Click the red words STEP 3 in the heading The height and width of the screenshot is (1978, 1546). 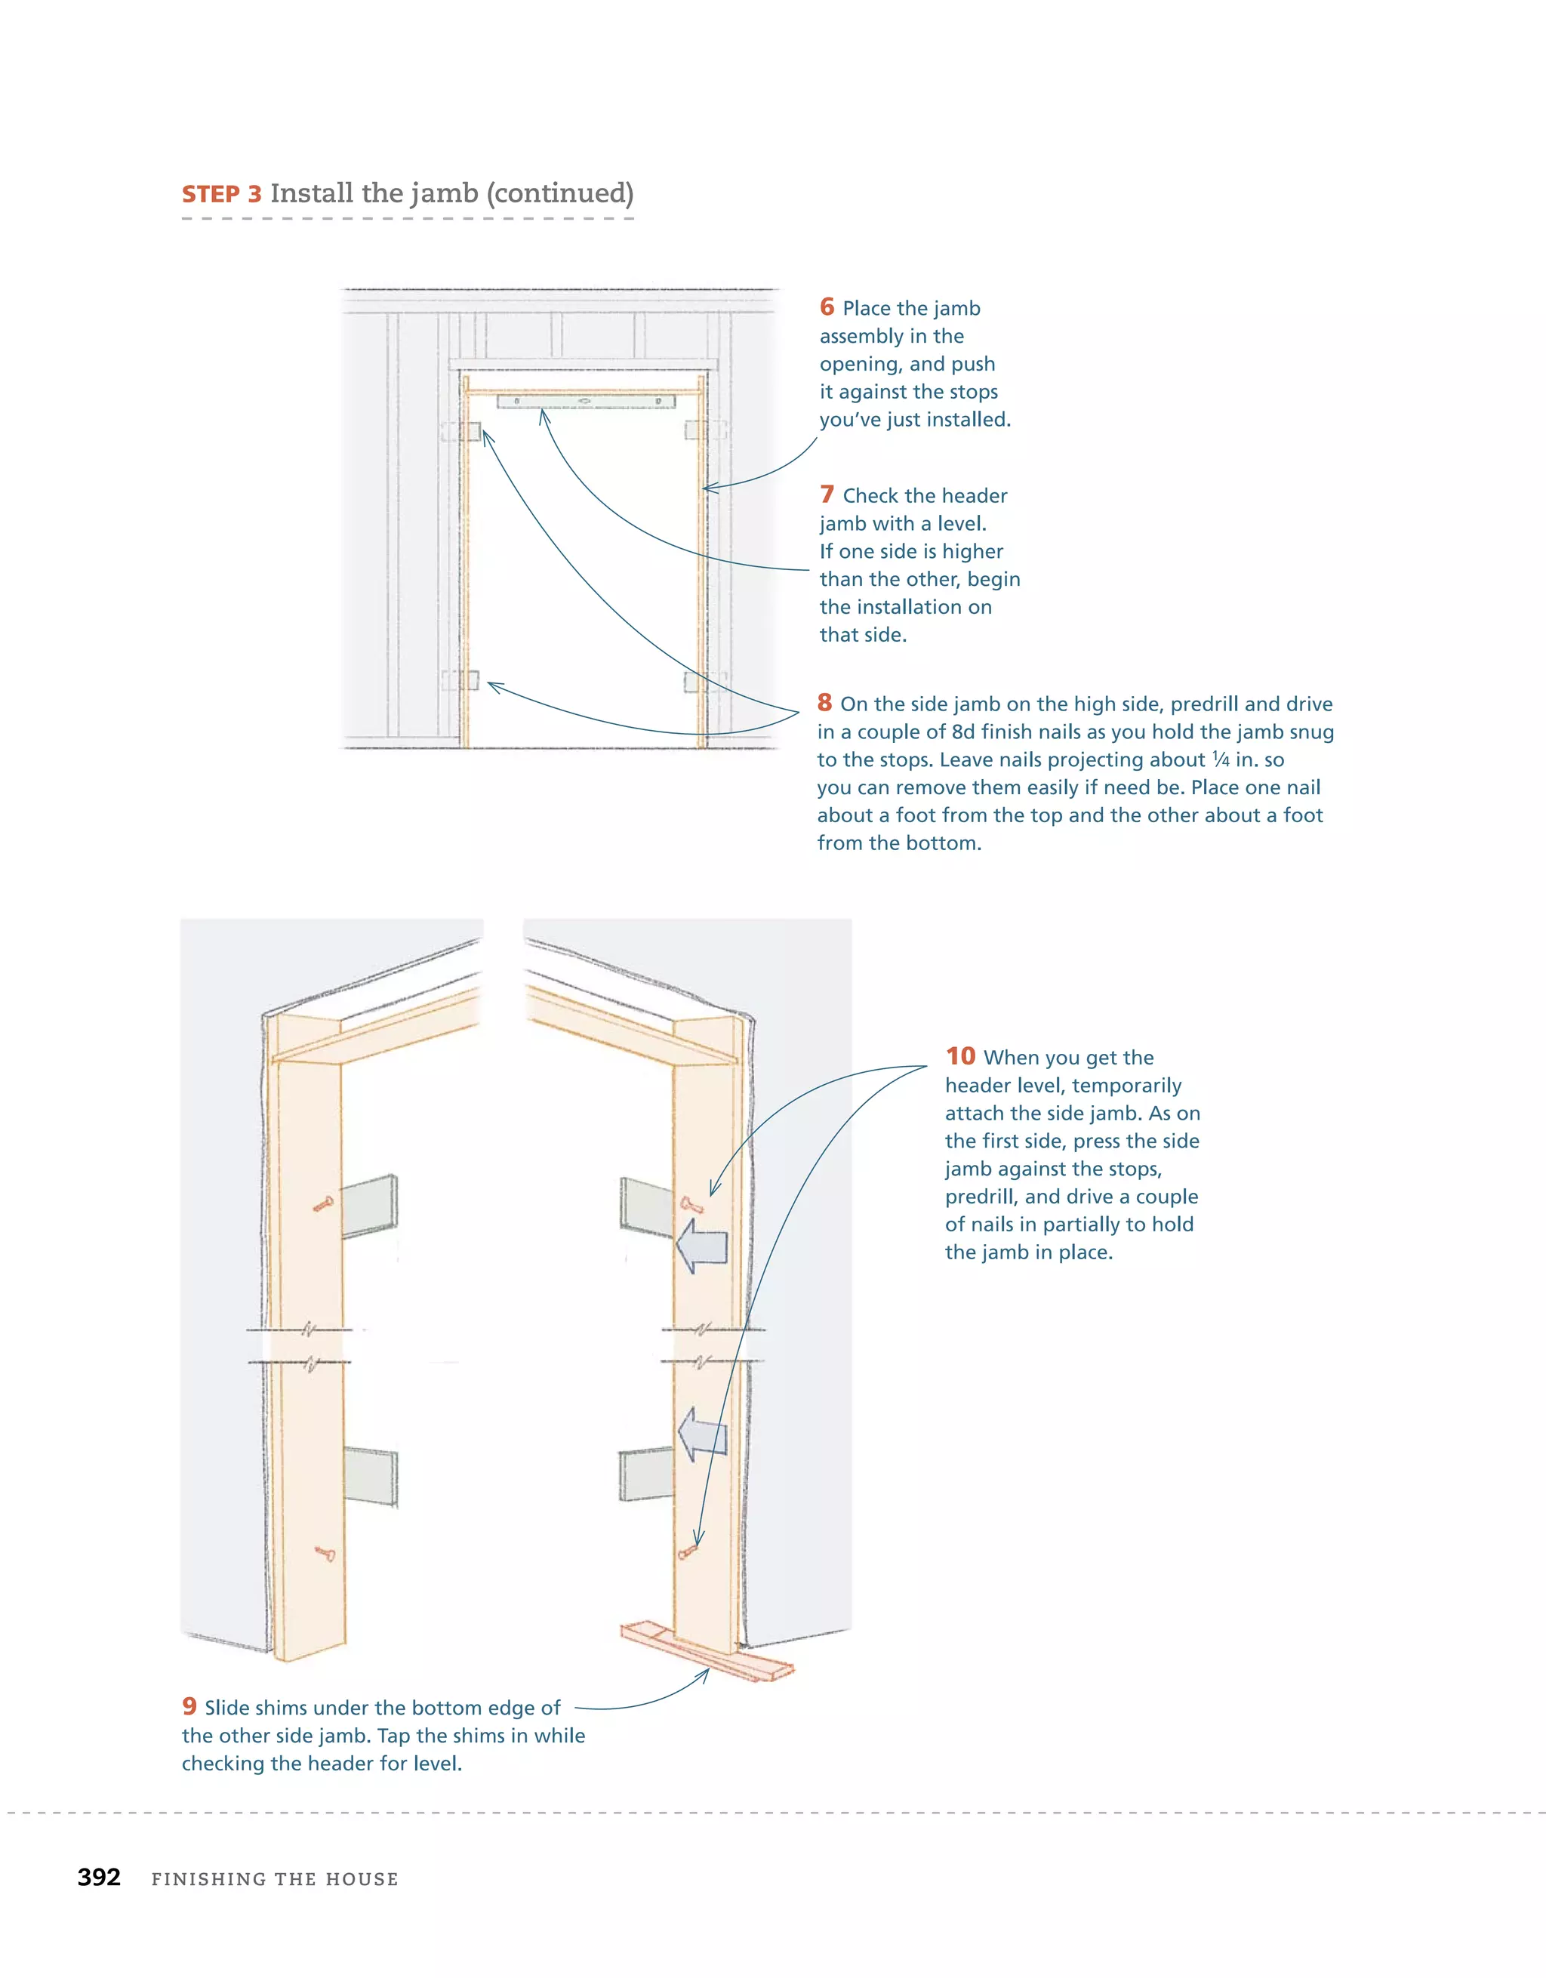point(221,195)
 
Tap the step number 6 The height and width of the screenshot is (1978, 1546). point(826,307)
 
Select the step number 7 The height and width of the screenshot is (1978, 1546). point(826,494)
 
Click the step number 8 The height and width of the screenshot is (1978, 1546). point(824,703)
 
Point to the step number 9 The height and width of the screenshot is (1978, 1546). point(189,1706)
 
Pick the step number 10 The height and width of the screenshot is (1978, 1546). point(960,1056)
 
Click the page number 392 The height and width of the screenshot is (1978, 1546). point(99,1878)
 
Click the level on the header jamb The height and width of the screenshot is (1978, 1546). point(585,400)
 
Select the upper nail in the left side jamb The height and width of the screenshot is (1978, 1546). point(323,1203)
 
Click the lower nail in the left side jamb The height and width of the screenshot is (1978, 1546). point(325,1554)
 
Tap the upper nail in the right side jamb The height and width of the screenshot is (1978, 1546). point(692,1205)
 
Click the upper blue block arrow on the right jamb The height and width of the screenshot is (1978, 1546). point(702,1245)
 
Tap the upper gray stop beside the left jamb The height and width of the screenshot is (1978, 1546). point(370,1206)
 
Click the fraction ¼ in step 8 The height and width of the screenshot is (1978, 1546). point(1221,759)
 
